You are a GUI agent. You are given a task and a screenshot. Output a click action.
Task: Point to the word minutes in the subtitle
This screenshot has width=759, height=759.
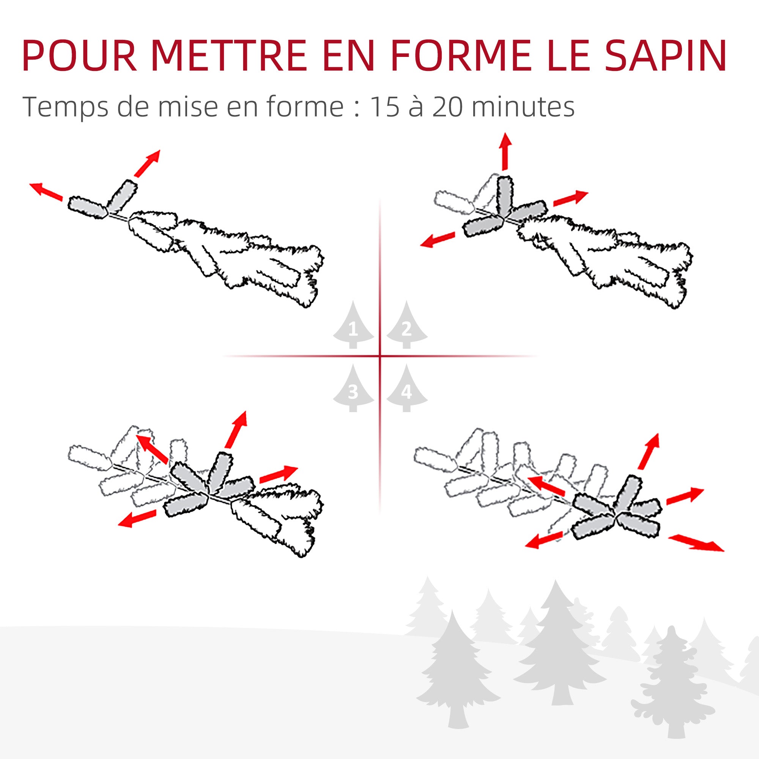(523, 107)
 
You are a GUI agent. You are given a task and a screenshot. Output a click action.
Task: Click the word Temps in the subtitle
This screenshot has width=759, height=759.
(65, 107)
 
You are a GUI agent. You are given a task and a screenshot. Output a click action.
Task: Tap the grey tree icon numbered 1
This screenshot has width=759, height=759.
(353, 326)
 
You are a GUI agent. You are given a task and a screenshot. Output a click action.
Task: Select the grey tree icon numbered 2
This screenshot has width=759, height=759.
(406, 326)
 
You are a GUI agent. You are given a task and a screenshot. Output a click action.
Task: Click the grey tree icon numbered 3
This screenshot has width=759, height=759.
(353, 389)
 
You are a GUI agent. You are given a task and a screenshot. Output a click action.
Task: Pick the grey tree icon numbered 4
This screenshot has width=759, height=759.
(406, 389)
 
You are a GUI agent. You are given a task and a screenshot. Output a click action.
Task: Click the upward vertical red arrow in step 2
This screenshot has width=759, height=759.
(505, 151)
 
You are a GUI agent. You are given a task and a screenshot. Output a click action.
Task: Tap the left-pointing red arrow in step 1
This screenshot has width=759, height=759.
(46, 192)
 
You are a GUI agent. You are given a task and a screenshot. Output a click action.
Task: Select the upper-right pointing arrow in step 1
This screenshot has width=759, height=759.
(147, 163)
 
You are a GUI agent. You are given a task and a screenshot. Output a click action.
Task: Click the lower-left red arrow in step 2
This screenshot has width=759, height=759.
(437, 239)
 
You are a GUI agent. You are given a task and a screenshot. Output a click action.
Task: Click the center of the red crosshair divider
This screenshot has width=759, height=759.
(380, 356)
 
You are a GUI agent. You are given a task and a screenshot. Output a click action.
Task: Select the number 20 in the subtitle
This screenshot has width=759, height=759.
(448, 107)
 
